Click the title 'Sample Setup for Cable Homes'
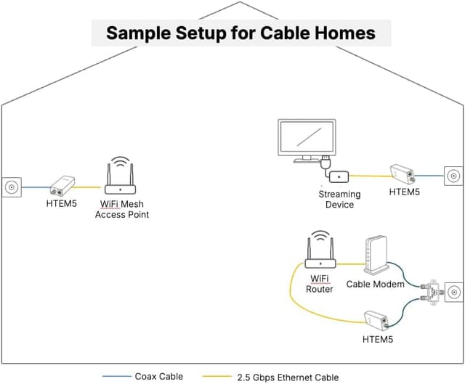(240, 33)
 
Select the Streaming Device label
(339, 200)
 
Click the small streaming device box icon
(339, 176)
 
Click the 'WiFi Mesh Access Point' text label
(122, 210)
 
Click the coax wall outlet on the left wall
(11, 187)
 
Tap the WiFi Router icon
(319, 253)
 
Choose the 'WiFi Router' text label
(320, 284)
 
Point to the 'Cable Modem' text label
(375, 285)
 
